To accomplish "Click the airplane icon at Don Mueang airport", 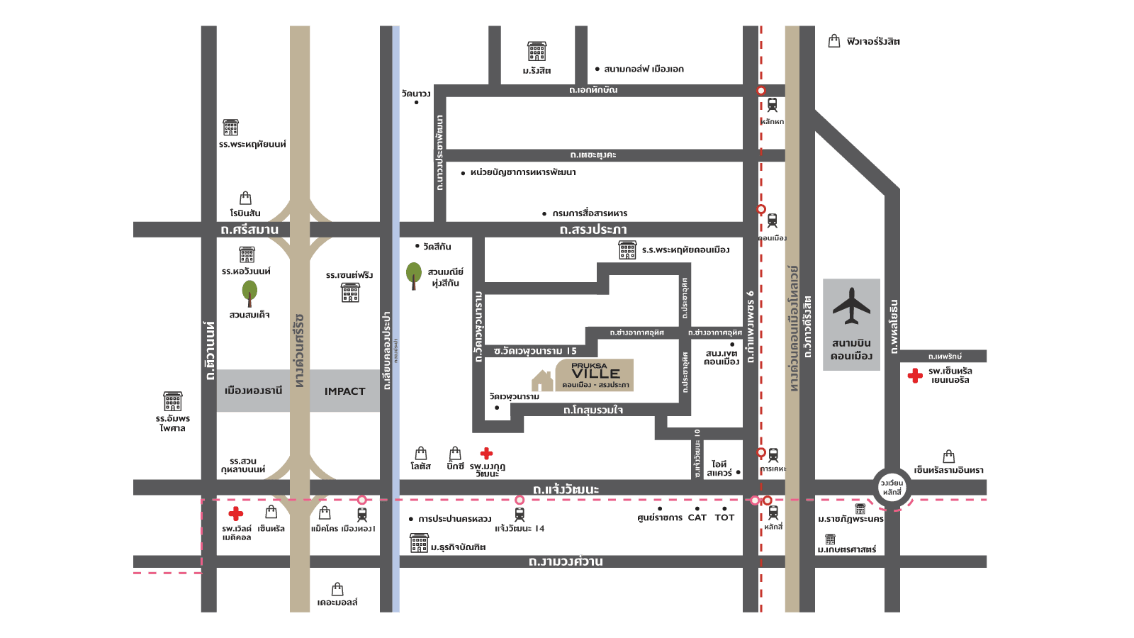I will (x=851, y=306).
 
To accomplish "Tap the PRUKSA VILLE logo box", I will (x=594, y=375).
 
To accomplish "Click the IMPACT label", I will (x=344, y=391).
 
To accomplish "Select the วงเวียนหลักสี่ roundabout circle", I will (x=892, y=488).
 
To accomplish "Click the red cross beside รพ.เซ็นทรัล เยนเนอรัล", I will (x=915, y=376).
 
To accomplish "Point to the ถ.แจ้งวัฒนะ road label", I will (x=566, y=489).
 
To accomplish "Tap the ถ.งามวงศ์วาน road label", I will (x=566, y=561).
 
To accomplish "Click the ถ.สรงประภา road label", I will (x=593, y=230).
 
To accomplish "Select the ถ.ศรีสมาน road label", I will (x=249, y=230).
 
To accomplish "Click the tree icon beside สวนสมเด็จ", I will (x=249, y=291).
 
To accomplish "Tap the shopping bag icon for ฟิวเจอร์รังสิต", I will (x=834, y=41).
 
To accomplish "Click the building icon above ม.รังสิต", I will (x=537, y=51).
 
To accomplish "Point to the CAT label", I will (x=697, y=518).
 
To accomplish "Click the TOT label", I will (x=724, y=518).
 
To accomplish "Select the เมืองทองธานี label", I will (x=253, y=391).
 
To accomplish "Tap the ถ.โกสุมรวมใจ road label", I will (x=593, y=410).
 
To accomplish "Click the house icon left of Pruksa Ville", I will (x=542, y=381).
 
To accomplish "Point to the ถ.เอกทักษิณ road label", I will (x=593, y=90).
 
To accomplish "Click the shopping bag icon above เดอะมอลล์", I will (x=337, y=589).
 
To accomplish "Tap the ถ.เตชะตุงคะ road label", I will (x=593, y=155).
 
